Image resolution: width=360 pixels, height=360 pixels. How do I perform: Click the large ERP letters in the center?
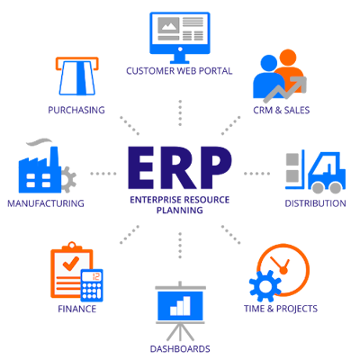tap(180, 167)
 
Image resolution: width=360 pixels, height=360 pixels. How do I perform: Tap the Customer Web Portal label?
tap(179, 71)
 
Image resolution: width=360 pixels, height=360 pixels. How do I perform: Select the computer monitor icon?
tap(180, 38)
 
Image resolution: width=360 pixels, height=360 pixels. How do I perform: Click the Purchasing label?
tap(76, 110)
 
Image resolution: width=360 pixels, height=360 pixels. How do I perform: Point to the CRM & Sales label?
tap(282, 110)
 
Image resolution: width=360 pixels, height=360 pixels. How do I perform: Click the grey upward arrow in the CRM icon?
tap(285, 89)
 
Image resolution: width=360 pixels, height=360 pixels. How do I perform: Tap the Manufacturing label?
tap(46, 203)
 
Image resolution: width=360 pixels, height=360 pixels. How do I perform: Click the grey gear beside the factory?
tap(67, 179)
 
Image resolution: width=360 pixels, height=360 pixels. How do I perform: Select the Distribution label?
tap(315, 203)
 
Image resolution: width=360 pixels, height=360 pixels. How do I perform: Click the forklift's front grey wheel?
tap(318, 187)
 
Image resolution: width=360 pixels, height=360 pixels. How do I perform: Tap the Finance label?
tap(77, 309)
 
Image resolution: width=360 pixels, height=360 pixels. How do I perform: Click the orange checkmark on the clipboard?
tap(71, 263)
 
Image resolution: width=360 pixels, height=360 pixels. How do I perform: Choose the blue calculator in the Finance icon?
tap(92, 285)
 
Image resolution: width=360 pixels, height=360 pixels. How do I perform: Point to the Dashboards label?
tap(180, 349)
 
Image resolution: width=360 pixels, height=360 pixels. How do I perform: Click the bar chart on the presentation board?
tap(180, 306)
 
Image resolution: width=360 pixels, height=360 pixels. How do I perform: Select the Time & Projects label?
tap(281, 309)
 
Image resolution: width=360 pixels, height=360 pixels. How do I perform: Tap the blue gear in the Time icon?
tap(265, 286)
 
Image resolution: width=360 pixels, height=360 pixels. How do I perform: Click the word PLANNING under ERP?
tap(180, 210)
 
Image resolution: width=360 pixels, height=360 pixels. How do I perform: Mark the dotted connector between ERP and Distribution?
tap(256, 174)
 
